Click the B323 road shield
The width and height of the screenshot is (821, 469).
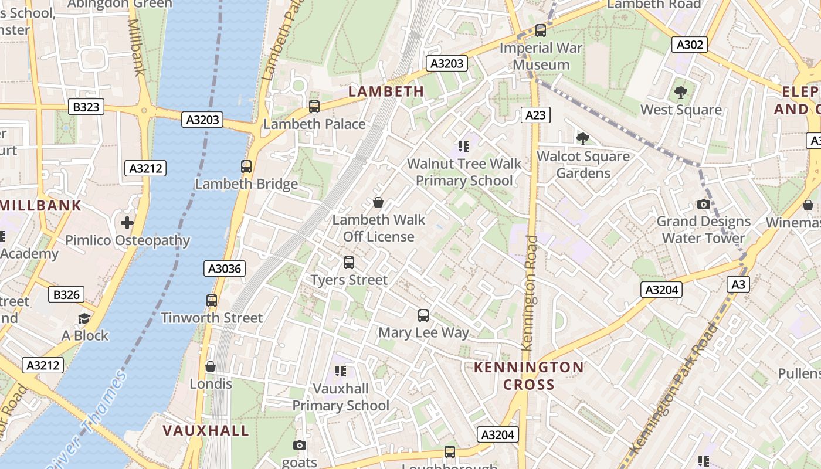coord(86,107)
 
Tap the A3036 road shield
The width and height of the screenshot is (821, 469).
coord(225,269)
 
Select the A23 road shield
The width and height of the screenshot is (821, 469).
coord(535,115)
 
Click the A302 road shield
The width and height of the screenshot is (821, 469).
coord(689,45)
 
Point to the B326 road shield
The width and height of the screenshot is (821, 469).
coord(66,294)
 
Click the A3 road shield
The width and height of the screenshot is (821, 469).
coord(738,284)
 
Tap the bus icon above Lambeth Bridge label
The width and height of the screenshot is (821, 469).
coord(246,166)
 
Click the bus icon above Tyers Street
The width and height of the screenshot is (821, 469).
coord(349,263)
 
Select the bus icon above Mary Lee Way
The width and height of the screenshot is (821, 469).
coord(423,315)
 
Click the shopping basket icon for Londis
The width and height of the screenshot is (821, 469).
coord(211,366)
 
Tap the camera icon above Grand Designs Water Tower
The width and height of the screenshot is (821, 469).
coord(703,204)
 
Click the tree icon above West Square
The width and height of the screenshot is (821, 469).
coord(680,92)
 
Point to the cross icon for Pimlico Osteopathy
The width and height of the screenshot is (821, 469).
coord(127,223)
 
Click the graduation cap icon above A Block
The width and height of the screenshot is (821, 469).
coord(84,318)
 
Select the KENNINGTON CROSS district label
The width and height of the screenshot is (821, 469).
coord(528,376)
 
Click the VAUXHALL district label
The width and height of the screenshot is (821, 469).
coord(206,430)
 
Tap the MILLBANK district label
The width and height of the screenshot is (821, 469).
coord(40,205)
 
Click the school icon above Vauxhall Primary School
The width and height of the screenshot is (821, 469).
coord(341,371)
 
